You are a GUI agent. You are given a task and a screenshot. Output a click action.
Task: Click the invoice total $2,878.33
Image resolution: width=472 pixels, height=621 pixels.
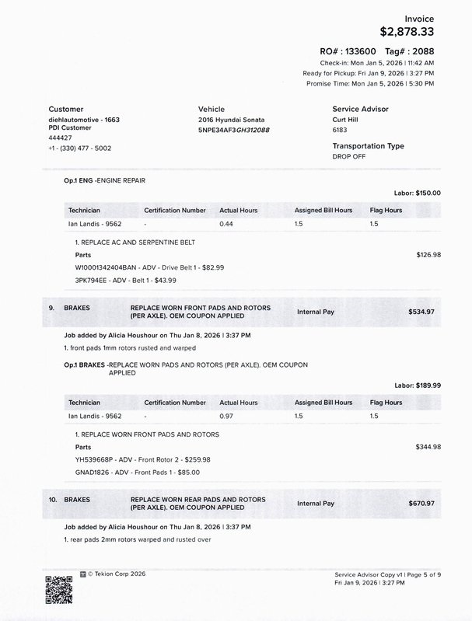(x=406, y=32)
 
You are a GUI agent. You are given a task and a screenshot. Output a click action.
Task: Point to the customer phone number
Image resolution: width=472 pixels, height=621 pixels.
(x=79, y=148)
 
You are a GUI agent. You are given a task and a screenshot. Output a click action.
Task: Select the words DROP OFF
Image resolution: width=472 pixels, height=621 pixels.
(x=349, y=156)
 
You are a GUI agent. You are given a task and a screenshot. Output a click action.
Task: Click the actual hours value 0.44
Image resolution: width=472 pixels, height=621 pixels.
(x=226, y=224)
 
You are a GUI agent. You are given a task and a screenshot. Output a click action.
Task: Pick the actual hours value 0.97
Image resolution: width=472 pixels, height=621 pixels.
(x=226, y=417)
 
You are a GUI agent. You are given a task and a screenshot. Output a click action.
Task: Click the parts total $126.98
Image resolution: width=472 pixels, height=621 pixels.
(x=428, y=254)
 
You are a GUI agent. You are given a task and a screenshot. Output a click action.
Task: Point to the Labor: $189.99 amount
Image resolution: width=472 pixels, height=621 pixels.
(x=418, y=386)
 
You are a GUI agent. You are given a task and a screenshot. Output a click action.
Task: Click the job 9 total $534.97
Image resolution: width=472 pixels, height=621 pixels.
(x=421, y=312)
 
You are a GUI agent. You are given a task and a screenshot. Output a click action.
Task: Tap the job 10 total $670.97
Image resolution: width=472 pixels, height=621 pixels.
(x=421, y=504)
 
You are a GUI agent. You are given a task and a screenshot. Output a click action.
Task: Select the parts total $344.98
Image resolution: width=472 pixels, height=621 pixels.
(x=428, y=447)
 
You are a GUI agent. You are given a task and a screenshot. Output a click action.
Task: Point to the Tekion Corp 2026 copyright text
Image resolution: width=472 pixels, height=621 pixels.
(x=117, y=574)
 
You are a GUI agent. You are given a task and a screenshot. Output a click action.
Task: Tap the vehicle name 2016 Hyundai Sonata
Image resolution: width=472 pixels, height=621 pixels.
(x=231, y=120)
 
